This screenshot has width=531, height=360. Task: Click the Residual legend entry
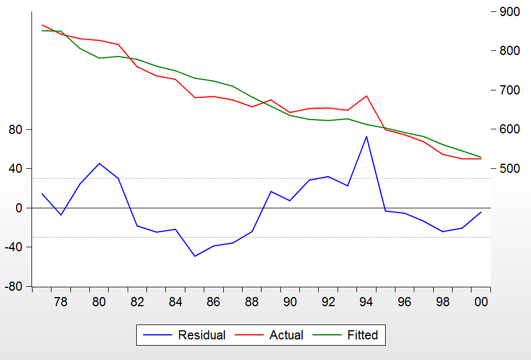tap(201, 335)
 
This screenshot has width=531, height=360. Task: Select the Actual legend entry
tap(286, 335)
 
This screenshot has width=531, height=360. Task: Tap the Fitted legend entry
tap(362, 335)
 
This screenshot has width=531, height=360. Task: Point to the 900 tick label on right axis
tap(509, 12)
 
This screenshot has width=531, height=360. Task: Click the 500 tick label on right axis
tap(509, 169)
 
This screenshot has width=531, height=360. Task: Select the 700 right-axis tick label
tap(509, 90)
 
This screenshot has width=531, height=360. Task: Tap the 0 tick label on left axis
tap(19, 208)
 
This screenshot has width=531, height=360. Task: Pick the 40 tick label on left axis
tap(15, 169)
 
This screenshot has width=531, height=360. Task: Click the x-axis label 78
tap(61, 302)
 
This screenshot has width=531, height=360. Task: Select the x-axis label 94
tap(366, 302)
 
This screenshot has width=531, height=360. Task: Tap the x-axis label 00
tap(481, 302)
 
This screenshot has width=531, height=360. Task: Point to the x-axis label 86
tap(213, 302)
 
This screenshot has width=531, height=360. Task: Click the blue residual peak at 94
tap(366, 136)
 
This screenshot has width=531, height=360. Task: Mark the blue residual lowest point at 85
tap(195, 256)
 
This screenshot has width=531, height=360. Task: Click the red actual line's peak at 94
tap(366, 96)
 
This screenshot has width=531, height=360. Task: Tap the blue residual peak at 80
tap(99, 164)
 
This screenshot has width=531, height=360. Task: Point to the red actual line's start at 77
tap(42, 25)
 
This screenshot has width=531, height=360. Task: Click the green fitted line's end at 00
tap(481, 157)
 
